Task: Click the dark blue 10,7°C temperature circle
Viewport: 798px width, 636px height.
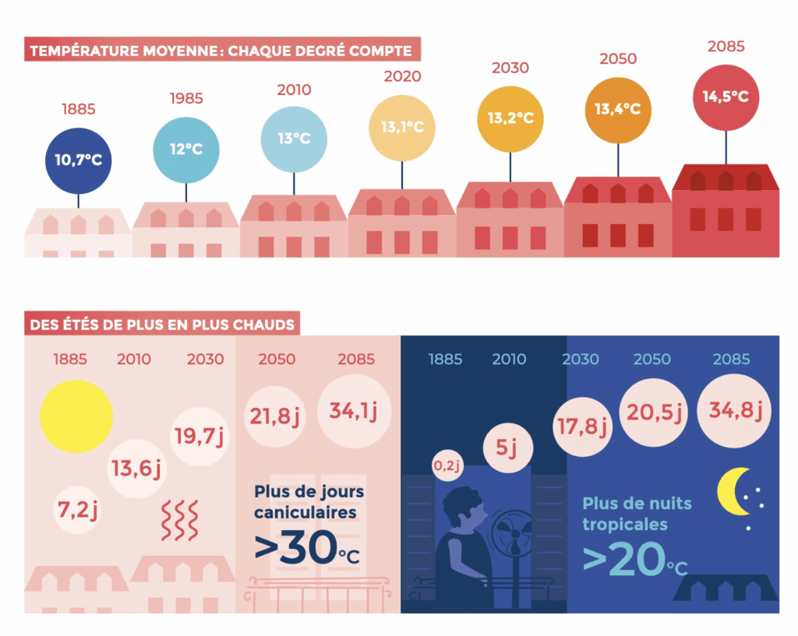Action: pyautogui.click(x=78, y=160)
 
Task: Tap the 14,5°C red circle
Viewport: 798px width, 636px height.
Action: pyautogui.click(x=726, y=97)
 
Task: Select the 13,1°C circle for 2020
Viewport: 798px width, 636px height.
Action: pyautogui.click(x=402, y=128)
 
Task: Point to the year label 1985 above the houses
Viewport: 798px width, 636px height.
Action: pyautogui.click(x=185, y=99)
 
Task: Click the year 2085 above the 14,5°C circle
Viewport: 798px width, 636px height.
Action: pyautogui.click(x=726, y=47)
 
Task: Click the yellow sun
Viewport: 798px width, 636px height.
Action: pyautogui.click(x=76, y=416)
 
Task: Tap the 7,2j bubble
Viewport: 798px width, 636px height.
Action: pyautogui.click(x=76, y=511)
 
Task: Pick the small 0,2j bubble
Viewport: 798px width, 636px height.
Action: pyautogui.click(x=447, y=466)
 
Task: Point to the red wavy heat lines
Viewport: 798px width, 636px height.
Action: pyautogui.click(x=180, y=521)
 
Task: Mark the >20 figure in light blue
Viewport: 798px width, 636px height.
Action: pyautogui.click(x=622, y=558)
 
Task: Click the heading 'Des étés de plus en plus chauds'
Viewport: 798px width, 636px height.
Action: pyautogui.click(x=162, y=324)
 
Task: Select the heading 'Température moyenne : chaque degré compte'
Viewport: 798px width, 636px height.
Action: pyautogui.click(x=221, y=52)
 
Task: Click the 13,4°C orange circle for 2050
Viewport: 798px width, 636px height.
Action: pyautogui.click(x=617, y=110)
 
